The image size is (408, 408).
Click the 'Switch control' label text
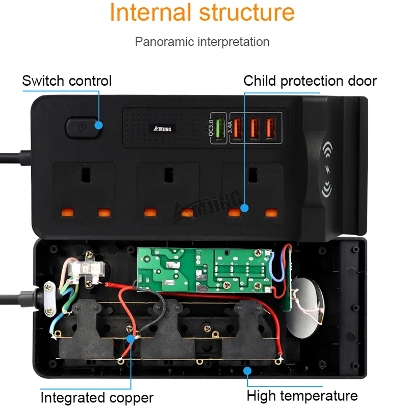point(67,81)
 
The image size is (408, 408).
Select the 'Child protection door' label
point(310,81)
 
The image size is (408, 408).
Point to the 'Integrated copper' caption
point(97,397)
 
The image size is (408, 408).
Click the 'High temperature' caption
point(302,395)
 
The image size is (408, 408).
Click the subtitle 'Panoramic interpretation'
point(202,41)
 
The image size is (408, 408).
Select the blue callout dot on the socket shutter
point(244,208)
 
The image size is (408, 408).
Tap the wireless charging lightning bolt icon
point(327,171)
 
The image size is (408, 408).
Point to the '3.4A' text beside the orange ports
point(230,126)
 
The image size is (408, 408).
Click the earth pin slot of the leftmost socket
point(83,176)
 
